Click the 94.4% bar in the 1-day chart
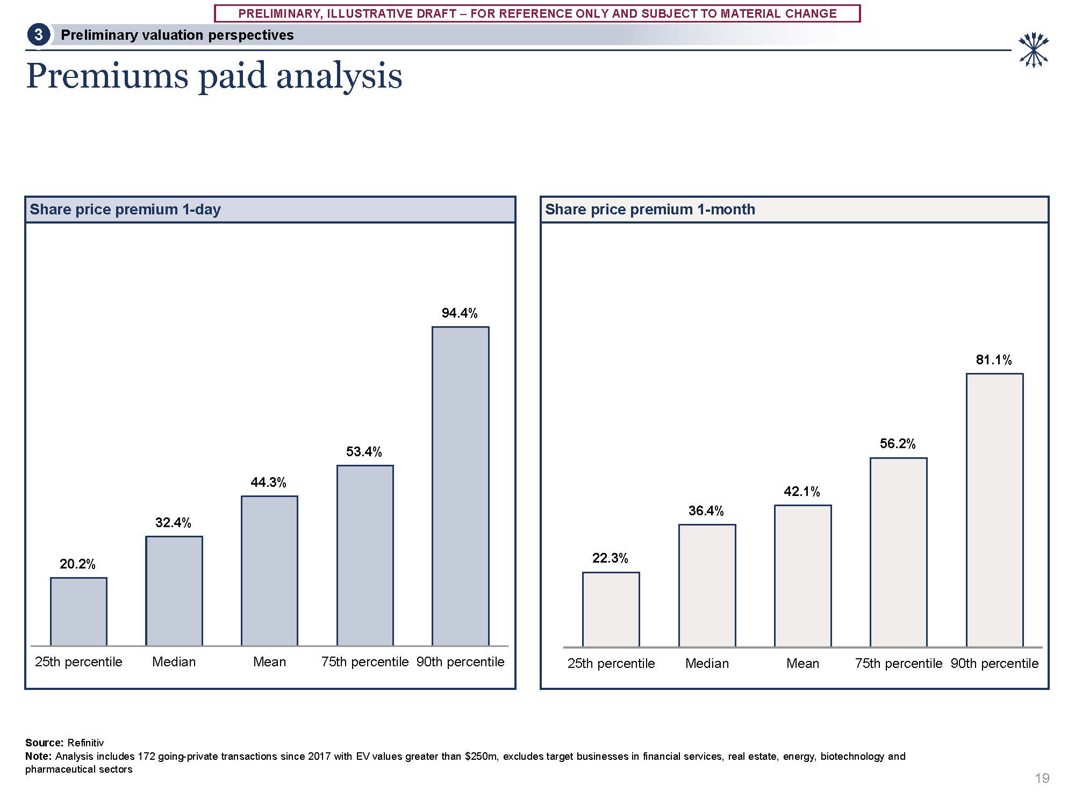coord(460,486)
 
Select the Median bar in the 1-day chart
coord(174,591)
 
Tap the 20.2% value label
coord(77,564)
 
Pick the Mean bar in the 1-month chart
coord(802,576)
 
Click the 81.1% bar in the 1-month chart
coord(994,510)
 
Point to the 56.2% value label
coord(897,443)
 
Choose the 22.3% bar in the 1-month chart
coord(611,609)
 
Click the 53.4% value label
coord(364,451)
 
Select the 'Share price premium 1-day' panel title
coord(125,210)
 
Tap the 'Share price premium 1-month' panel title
coord(650,210)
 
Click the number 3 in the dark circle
coord(38,35)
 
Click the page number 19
coord(1042,778)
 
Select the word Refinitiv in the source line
coord(85,743)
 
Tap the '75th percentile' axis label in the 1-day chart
coord(364,662)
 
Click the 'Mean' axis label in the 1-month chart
coord(802,664)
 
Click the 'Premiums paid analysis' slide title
coord(214,76)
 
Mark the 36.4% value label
coord(706,510)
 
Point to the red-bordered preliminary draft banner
coord(537,13)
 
